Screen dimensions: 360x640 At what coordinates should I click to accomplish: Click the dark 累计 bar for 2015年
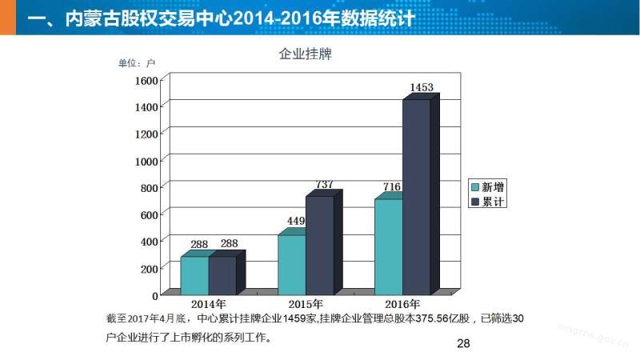[319, 244]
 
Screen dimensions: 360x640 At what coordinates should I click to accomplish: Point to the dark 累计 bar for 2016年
[416, 196]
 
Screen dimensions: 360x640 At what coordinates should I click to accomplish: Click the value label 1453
[422, 86]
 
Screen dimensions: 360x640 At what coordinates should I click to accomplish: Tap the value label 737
[324, 184]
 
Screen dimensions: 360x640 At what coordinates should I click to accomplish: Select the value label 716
[391, 187]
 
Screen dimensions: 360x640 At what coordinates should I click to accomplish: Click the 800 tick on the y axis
[150, 187]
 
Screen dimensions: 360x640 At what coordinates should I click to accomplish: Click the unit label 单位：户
[136, 63]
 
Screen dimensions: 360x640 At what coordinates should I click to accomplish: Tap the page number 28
[462, 344]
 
